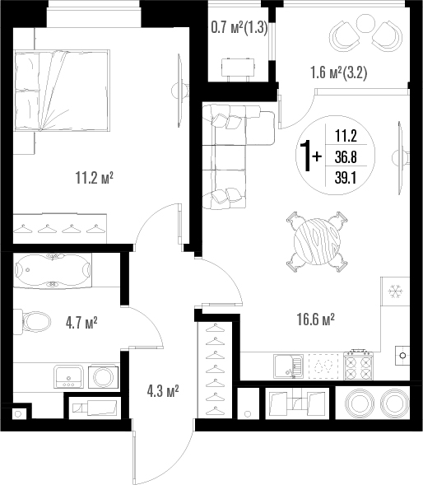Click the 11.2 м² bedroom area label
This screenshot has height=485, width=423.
(95, 178)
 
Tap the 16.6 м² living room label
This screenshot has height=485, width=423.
(316, 319)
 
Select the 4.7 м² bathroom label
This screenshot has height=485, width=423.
(81, 323)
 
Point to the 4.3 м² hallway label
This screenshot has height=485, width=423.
(163, 391)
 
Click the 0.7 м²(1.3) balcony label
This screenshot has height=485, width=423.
(239, 28)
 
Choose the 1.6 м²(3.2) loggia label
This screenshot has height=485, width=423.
(339, 73)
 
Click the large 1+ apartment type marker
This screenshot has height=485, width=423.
(312, 156)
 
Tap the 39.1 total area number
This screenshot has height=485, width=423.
(346, 178)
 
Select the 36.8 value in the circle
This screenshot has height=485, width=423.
(346, 157)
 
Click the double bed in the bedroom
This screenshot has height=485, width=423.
(63, 91)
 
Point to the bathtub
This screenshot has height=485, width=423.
(53, 271)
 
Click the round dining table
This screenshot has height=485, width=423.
(317, 241)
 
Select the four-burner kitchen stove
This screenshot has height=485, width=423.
(359, 365)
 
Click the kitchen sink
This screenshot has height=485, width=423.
(288, 366)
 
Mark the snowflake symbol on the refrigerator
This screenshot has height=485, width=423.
(395, 291)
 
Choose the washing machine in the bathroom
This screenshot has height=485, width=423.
(103, 377)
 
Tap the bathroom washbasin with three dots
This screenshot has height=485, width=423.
(68, 377)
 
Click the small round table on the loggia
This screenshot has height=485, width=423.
(366, 23)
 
